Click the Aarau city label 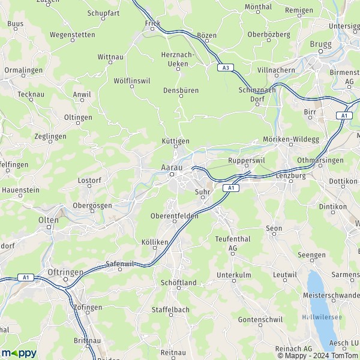[172, 167]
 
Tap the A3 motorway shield [226, 68]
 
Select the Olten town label [48, 220]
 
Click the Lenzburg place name [291, 176]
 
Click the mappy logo [19, 352]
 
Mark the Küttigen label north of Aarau [176, 140]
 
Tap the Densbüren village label [181, 91]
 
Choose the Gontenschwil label [260, 320]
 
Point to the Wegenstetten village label [73, 35]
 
